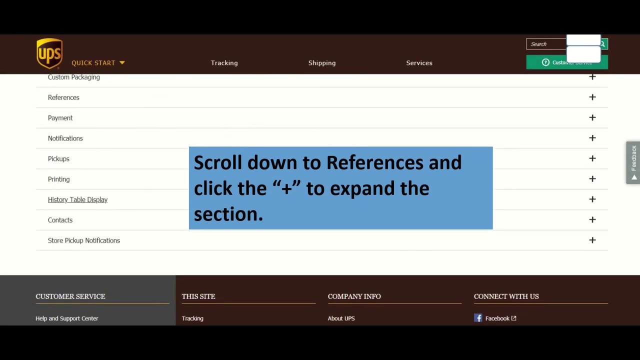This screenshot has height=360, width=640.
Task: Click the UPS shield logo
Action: click(49, 53)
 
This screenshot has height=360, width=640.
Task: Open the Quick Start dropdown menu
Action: click(98, 63)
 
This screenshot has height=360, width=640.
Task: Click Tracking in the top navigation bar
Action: click(224, 63)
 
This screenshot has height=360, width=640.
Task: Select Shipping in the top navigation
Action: click(322, 63)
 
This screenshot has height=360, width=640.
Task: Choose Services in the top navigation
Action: click(419, 63)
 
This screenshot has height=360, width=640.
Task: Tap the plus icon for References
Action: click(592, 97)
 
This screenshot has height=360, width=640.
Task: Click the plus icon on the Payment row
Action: click(592, 117)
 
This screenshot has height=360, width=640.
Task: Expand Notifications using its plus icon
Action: click(592, 138)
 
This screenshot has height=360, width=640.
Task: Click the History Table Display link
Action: click(77, 199)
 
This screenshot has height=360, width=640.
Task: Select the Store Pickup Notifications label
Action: click(84, 240)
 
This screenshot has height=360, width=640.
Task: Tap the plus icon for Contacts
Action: click(592, 219)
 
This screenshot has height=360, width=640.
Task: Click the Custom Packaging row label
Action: click(74, 77)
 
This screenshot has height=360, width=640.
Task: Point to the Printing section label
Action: click(58, 179)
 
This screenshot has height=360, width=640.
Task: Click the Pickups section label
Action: click(58, 158)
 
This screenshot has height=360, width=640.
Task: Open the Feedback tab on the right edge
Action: click(633, 162)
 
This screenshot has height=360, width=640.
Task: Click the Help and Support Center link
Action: click(67, 318)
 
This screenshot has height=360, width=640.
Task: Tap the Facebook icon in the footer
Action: click(478, 318)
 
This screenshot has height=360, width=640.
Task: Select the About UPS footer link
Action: click(341, 318)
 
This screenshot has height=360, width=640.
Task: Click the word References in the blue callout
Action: click(374, 162)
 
